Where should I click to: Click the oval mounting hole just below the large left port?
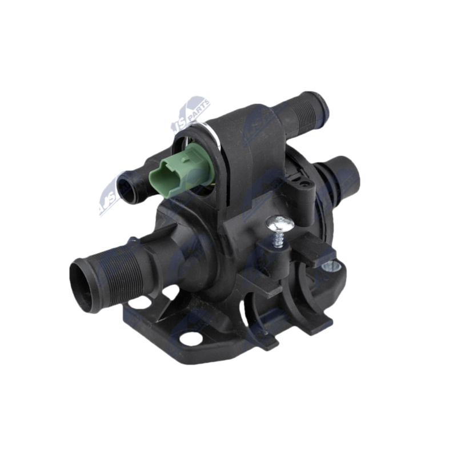[x=141, y=302]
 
